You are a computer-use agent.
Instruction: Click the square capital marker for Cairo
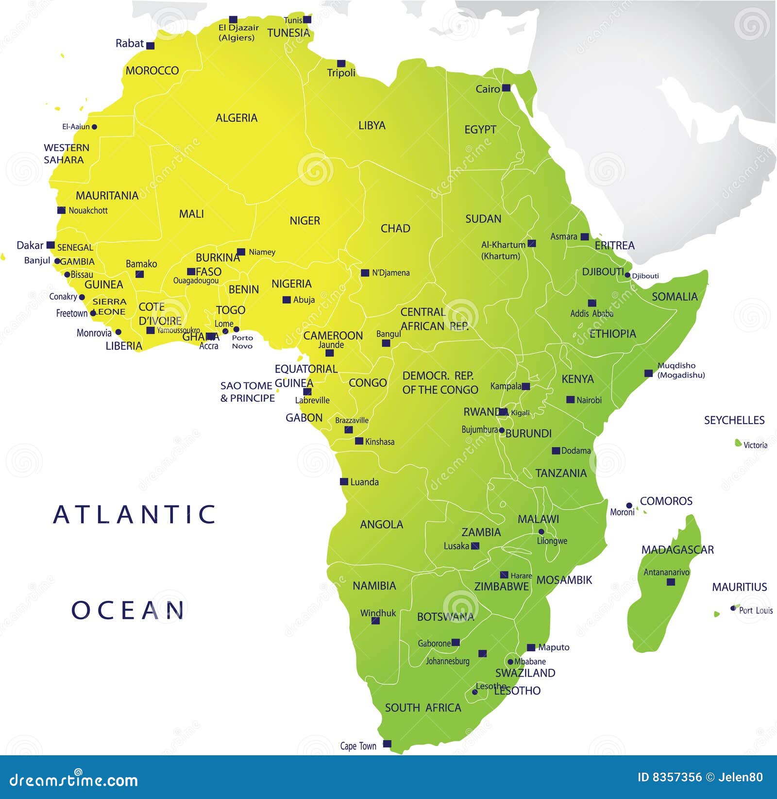point(506,88)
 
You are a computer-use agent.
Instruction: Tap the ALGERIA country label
point(236,118)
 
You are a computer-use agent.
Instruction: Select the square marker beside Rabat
point(151,46)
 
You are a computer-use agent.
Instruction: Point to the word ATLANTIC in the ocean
point(135,514)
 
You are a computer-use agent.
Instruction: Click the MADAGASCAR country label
point(677,550)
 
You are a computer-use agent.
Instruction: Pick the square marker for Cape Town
point(387,744)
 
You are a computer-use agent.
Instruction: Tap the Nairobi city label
point(589,400)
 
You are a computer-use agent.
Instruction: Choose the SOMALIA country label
point(675,296)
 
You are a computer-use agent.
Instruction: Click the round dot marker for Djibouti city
point(627,275)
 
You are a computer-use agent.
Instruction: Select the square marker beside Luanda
point(344,482)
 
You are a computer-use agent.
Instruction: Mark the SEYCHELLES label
point(734,420)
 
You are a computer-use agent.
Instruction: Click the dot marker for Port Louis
point(733,608)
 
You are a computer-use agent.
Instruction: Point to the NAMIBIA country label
point(374,586)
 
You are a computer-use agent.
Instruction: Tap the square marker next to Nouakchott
point(61,210)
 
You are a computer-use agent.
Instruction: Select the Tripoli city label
point(341,73)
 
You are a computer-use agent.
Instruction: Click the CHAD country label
point(395,228)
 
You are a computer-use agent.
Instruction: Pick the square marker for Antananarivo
point(671,581)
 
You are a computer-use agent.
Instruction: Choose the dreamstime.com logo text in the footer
point(74,781)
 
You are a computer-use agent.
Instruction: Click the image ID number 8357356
point(678,778)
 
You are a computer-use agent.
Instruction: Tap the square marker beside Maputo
point(531,647)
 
